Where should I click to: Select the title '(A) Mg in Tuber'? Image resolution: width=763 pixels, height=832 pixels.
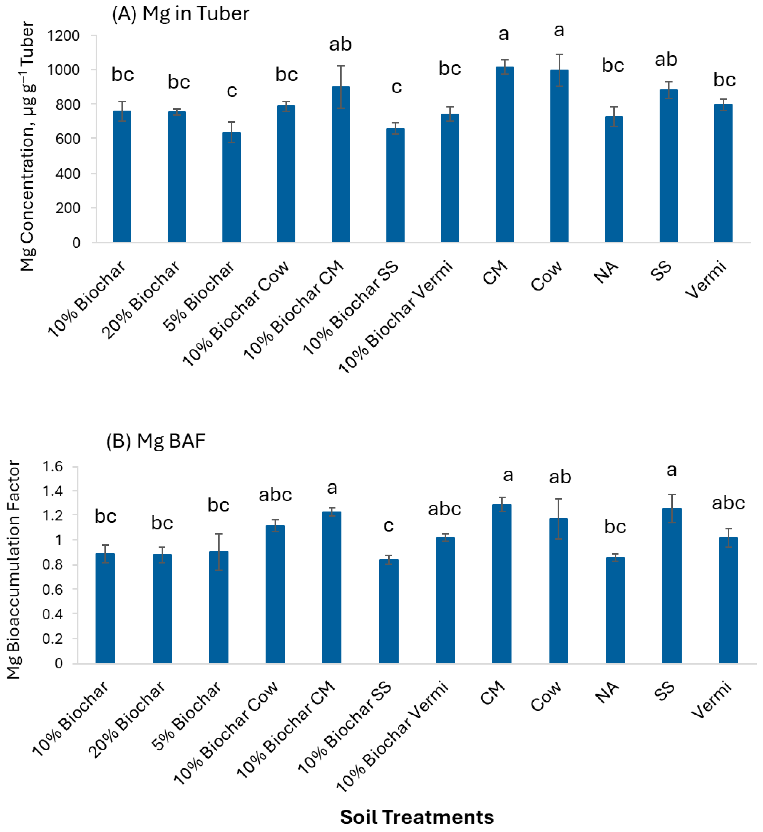click(x=181, y=14)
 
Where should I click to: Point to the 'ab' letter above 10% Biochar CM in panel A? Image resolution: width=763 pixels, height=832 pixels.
click(x=340, y=44)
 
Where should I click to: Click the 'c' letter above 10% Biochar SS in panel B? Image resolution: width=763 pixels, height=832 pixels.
click(x=388, y=526)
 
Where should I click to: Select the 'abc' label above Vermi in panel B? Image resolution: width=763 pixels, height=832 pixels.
click(x=728, y=503)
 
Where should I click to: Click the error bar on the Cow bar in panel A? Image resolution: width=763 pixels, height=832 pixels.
click(x=559, y=70)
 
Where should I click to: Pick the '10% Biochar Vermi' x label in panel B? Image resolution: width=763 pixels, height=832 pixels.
click(x=392, y=736)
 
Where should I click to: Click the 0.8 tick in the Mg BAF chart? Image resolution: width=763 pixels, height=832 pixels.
click(x=52, y=564)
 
